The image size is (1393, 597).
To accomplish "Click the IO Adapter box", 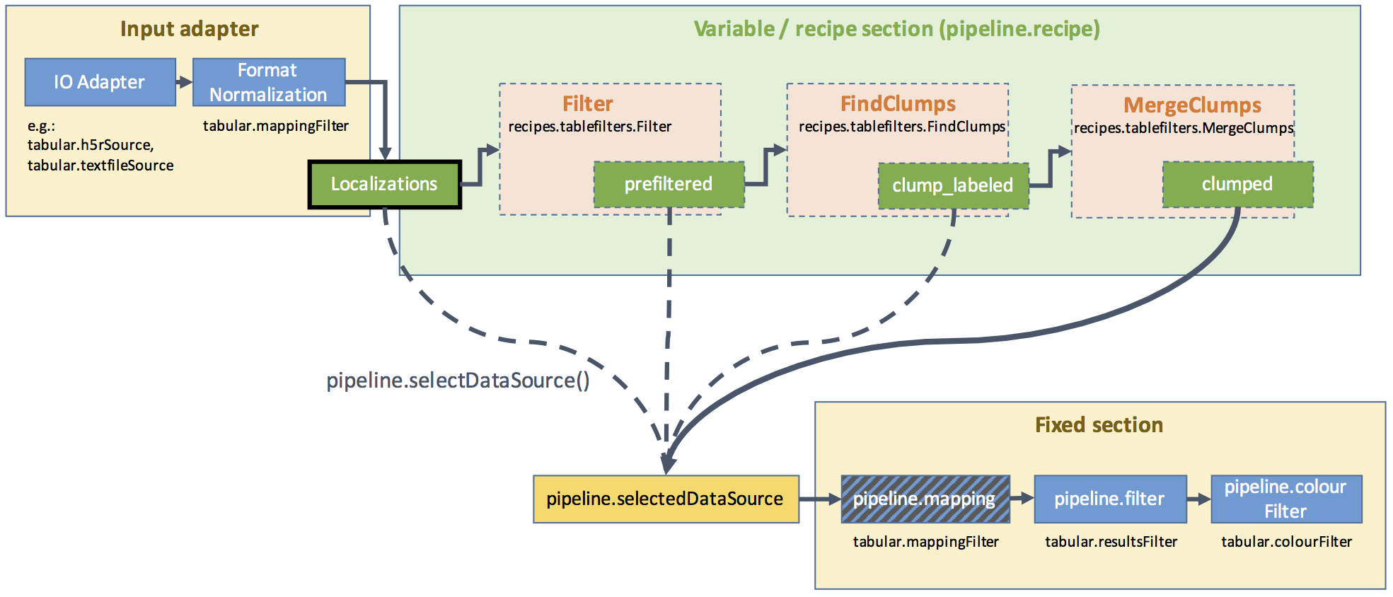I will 100,82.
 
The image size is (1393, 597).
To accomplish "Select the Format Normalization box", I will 269,82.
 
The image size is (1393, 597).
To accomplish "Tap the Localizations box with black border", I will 384,185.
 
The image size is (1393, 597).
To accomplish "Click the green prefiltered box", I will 669,185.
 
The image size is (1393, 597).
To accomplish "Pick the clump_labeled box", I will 953,185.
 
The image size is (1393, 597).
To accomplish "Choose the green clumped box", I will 1237,185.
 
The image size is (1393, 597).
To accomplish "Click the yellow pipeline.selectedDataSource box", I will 665,499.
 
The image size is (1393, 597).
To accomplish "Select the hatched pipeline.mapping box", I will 925,499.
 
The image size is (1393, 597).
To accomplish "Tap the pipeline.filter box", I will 1109,499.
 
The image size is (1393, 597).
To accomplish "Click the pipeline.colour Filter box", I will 1285,499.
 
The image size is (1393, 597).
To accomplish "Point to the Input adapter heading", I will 189,29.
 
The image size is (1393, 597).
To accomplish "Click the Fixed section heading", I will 1099,425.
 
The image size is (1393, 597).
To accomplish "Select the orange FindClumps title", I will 898,104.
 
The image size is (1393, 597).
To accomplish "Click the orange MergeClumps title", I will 1192,105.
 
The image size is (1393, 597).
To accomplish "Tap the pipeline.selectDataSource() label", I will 458,381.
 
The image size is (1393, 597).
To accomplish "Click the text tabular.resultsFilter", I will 1111,542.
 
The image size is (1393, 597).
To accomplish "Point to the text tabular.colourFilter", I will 1286,542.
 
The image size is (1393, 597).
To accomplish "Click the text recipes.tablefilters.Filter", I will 589,127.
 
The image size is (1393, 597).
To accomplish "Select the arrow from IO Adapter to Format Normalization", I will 184,82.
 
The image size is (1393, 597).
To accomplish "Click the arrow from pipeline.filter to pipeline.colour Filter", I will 1198,499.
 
